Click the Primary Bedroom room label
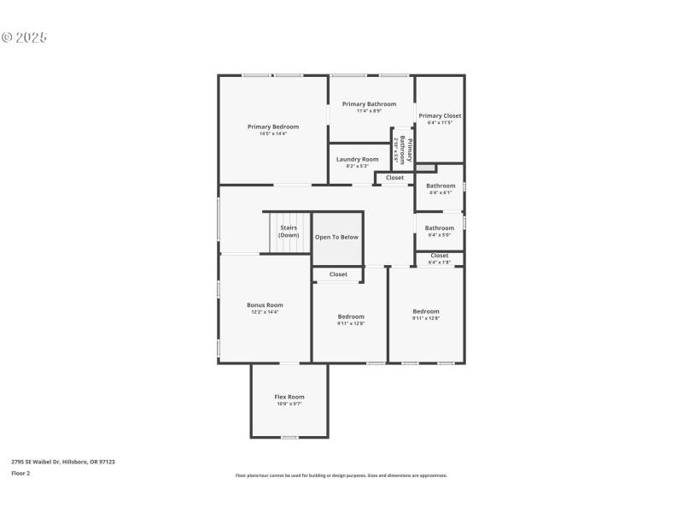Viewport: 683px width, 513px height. (x=273, y=127)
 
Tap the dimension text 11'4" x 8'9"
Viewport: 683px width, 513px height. (x=369, y=111)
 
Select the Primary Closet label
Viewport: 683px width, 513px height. (x=440, y=115)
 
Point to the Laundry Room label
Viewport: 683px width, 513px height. (x=357, y=159)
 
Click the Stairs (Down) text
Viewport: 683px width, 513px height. (x=289, y=232)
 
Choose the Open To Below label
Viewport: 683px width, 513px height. (x=336, y=237)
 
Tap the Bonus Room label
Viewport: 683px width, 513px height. (x=265, y=305)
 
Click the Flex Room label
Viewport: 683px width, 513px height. (x=289, y=397)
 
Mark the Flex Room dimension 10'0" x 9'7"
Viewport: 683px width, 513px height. (x=289, y=404)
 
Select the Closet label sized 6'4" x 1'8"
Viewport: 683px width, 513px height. (x=440, y=256)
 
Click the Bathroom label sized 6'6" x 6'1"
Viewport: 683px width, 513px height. (x=441, y=186)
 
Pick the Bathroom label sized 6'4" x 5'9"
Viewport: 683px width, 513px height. (x=440, y=227)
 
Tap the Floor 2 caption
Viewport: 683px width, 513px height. (x=20, y=473)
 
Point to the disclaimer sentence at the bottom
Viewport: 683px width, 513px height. (x=341, y=475)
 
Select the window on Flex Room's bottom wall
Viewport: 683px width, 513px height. (x=289, y=438)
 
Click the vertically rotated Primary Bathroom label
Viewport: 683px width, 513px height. (x=402, y=150)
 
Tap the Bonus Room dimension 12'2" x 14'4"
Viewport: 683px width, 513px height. (x=265, y=312)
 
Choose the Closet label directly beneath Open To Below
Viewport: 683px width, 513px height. (x=338, y=274)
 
